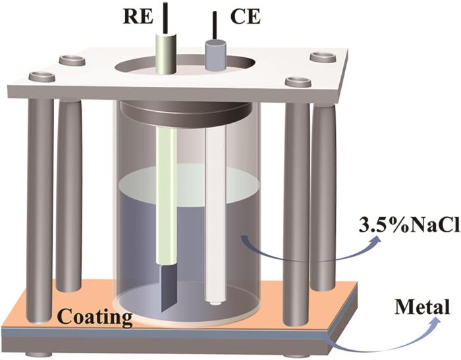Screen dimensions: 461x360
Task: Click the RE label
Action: click(x=138, y=18)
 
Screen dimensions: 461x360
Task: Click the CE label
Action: click(x=245, y=17)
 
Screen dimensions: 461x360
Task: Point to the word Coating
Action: click(x=95, y=317)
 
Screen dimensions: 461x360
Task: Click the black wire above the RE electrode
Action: click(x=166, y=18)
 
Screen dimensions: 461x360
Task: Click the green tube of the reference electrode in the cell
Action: click(x=167, y=195)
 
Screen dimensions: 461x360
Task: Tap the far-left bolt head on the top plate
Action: click(x=42, y=76)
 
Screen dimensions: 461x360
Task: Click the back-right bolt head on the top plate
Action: click(x=323, y=57)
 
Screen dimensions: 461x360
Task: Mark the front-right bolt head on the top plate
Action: click(x=298, y=82)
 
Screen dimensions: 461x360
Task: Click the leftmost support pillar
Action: click(x=40, y=210)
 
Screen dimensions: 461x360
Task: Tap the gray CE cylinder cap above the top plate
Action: click(x=215, y=55)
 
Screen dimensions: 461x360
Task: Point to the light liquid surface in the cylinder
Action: click(x=189, y=184)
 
